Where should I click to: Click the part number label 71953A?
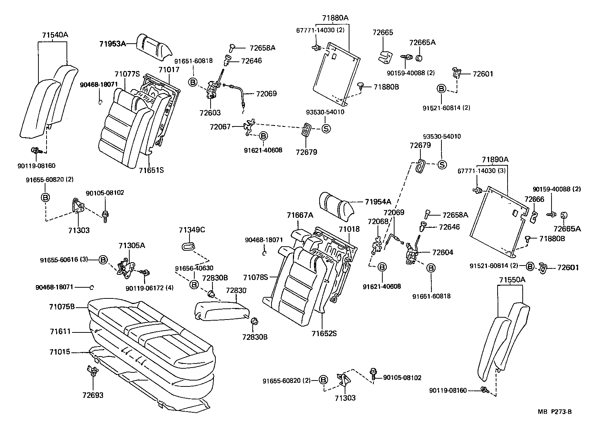(x=112, y=44)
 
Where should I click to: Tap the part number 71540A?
(x=55, y=35)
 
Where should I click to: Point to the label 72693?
(x=93, y=395)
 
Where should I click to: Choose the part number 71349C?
(x=192, y=230)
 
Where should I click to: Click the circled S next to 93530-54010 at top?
(x=326, y=128)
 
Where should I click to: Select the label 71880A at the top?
(x=335, y=18)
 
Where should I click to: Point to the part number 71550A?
(x=512, y=280)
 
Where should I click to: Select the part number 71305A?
(x=132, y=246)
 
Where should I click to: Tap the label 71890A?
(x=495, y=160)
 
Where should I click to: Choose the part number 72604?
(x=443, y=252)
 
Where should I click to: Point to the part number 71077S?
(x=127, y=74)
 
